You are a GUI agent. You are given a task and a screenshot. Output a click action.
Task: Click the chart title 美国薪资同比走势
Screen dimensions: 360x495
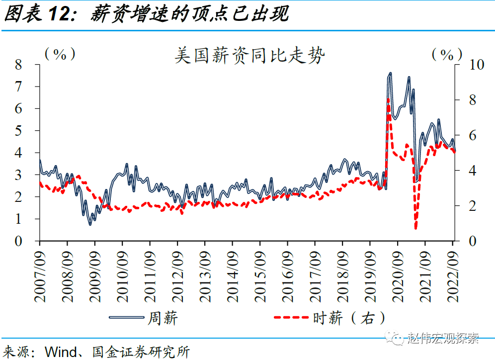pos(249,55)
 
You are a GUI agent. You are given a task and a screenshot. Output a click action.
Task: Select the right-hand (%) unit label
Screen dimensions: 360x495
pos(446,54)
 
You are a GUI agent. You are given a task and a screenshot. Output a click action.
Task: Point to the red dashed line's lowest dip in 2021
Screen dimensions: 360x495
pos(415,228)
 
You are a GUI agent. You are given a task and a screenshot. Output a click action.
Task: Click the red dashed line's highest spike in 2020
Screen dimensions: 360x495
pos(388,99)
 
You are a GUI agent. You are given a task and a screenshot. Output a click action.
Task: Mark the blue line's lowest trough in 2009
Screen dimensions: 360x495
pos(90,224)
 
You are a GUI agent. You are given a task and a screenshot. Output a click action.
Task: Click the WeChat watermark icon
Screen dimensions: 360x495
pos(398,339)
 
